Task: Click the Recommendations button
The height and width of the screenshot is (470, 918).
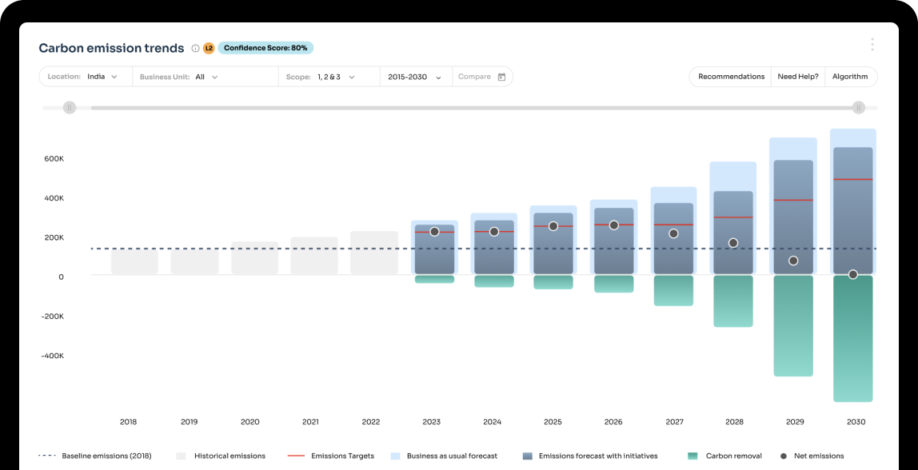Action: [x=731, y=77]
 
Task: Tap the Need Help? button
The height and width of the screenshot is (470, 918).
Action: [x=798, y=77]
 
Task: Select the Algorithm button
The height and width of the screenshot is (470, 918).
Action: [x=849, y=77]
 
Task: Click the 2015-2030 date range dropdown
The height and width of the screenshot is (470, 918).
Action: [x=414, y=77]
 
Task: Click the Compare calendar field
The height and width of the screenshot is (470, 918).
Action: [x=481, y=77]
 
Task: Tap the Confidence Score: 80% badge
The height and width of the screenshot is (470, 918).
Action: [x=265, y=48]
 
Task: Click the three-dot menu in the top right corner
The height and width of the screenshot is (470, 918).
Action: [x=872, y=45]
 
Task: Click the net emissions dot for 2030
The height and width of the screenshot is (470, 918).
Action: [x=852, y=274]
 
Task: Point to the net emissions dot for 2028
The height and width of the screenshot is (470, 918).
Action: [x=732, y=243]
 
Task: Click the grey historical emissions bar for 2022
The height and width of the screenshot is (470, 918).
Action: [x=373, y=253]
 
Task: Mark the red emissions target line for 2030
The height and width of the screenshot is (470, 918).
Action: [x=852, y=179]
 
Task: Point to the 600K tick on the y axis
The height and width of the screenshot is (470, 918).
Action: [x=54, y=159]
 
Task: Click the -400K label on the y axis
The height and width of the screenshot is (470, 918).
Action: [x=52, y=356]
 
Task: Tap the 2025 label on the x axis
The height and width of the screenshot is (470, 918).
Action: [x=553, y=422]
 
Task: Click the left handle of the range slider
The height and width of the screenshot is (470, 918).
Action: [x=70, y=107]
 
